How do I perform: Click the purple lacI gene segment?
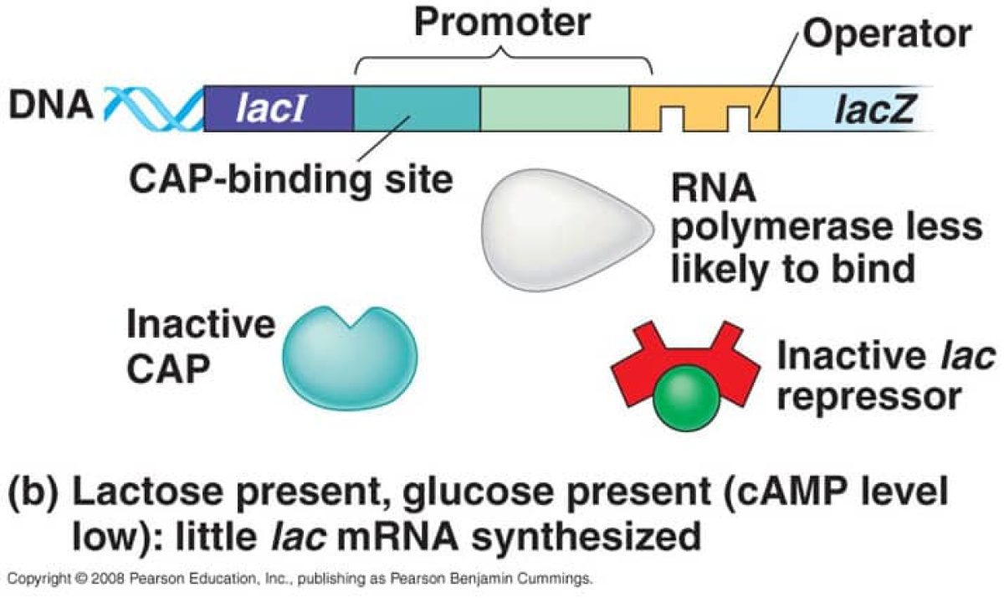coord(279,109)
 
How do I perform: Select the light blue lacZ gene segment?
coord(853,109)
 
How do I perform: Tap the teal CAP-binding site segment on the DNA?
coord(417,109)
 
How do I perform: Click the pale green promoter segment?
coord(554,109)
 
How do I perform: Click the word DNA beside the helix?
coord(50,107)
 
